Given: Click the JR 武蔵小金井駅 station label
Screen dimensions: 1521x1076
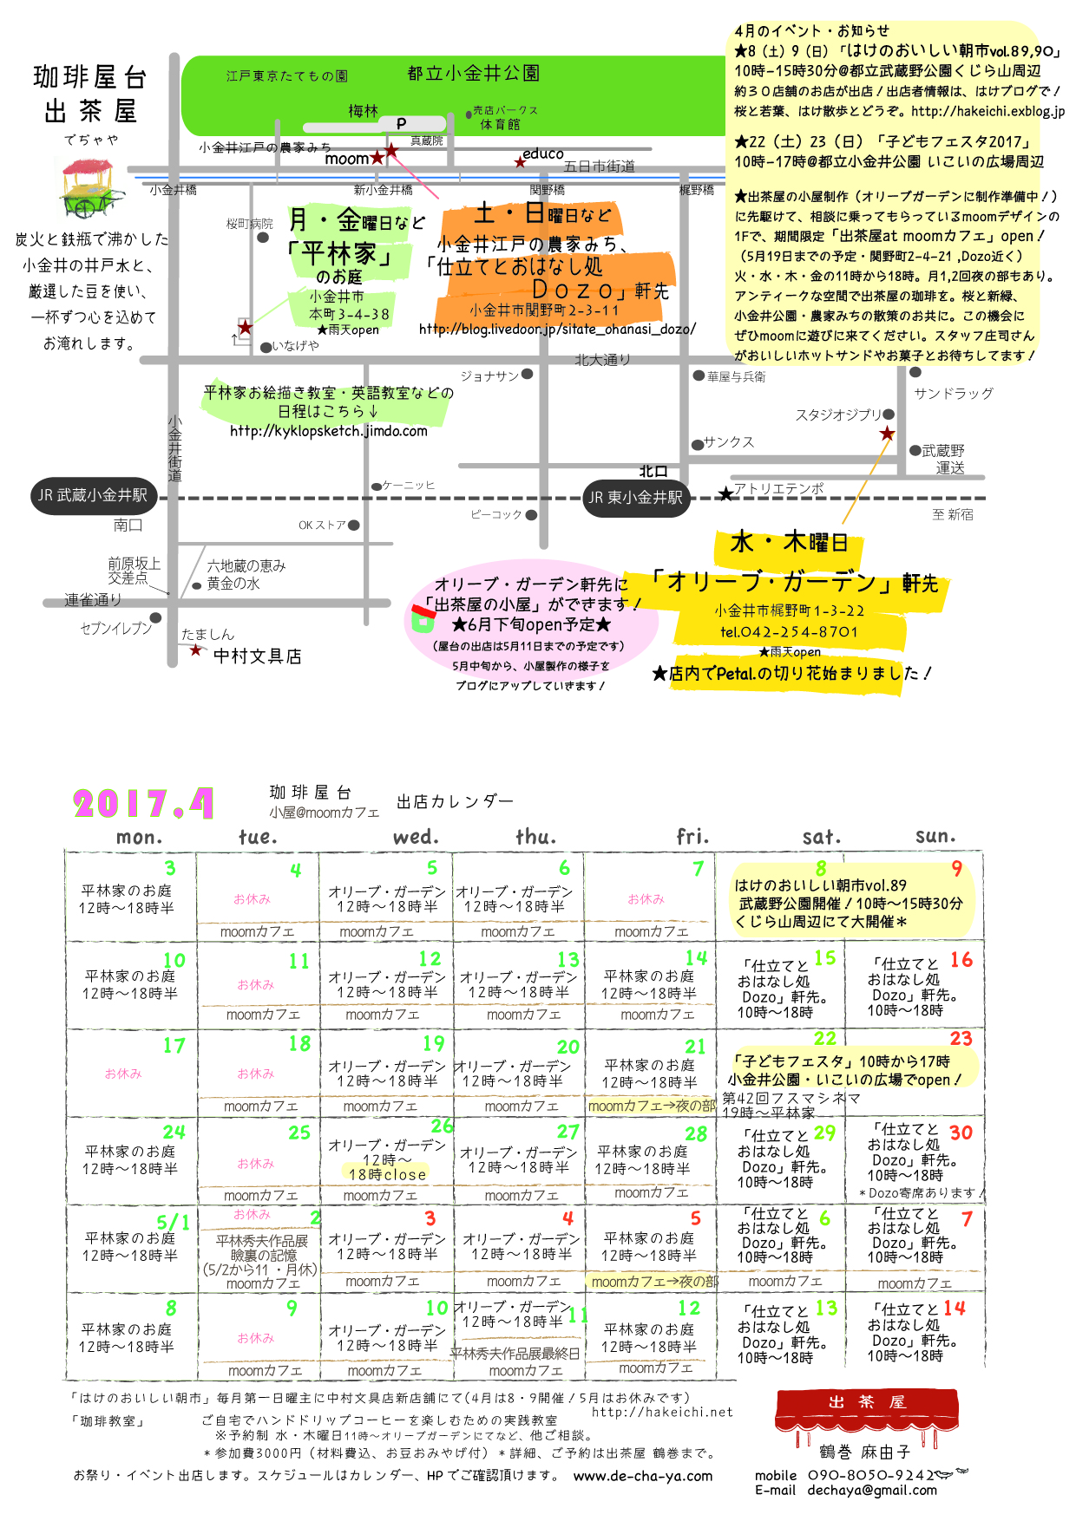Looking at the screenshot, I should [x=94, y=495].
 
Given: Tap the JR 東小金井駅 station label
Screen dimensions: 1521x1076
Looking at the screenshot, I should [x=636, y=498].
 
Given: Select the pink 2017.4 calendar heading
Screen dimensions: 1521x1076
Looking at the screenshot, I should [x=143, y=804].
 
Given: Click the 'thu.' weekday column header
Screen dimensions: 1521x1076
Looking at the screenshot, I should [x=535, y=837].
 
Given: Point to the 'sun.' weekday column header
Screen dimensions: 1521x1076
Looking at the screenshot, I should [x=935, y=836].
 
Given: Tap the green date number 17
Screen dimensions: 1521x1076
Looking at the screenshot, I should [x=174, y=1046].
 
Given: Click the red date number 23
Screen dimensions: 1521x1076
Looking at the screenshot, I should [x=961, y=1039].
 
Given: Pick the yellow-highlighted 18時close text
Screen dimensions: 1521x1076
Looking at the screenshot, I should [x=387, y=1174].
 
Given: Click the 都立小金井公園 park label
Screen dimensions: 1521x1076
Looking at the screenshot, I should [x=473, y=74].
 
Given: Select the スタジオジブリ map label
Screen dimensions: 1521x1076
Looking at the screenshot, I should [x=838, y=415].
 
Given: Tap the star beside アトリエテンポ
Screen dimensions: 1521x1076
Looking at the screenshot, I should [x=725, y=493].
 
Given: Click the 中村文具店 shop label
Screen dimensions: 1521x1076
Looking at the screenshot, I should [x=258, y=656].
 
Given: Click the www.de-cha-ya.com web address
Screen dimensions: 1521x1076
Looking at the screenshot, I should [x=643, y=1476].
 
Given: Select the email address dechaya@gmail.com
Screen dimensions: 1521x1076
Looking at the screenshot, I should [x=872, y=1490].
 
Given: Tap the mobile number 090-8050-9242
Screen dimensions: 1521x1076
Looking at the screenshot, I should [x=870, y=1474].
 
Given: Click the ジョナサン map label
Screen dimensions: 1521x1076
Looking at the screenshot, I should [x=489, y=375].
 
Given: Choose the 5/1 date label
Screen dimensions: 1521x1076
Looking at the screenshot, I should [x=174, y=1223].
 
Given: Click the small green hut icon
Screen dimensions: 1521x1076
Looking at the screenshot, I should [x=423, y=618].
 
